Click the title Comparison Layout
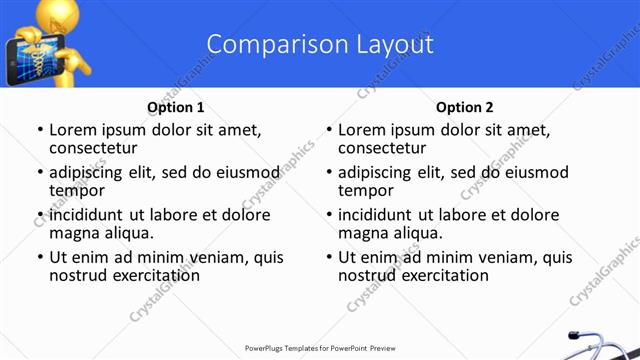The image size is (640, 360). [x=320, y=44]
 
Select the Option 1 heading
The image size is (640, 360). [x=176, y=107]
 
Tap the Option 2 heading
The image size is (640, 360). [x=464, y=107]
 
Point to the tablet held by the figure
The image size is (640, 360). [x=26, y=59]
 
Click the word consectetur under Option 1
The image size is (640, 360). [x=95, y=148]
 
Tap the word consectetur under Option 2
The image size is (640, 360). [x=384, y=148]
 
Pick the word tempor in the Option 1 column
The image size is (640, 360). [x=77, y=191]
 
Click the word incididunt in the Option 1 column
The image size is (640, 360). [x=86, y=215]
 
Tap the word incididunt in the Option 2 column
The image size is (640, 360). [x=375, y=215]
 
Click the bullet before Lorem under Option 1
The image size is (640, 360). [x=39, y=130]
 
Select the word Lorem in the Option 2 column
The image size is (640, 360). [x=361, y=130]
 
